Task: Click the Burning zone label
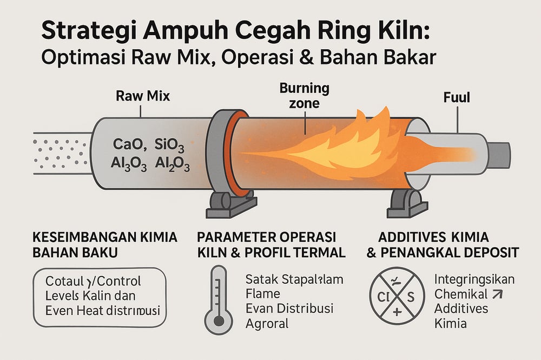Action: click(x=304, y=96)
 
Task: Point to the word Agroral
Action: click(x=267, y=324)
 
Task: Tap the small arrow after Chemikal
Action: click(x=496, y=295)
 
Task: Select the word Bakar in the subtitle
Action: click(x=403, y=58)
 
